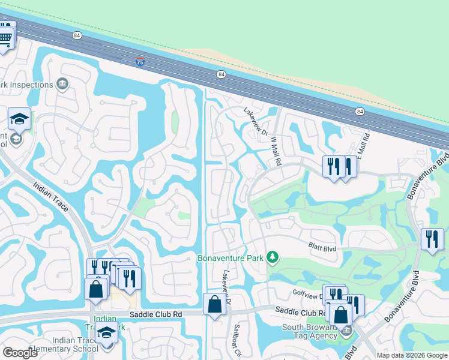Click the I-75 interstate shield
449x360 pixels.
click(x=140, y=62)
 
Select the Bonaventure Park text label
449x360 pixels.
click(x=231, y=259)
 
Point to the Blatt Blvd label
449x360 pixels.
click(x=322, y=245)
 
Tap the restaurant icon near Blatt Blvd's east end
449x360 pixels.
click(x=432, y=239)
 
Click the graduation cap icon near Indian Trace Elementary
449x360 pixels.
click(x=107, y=332)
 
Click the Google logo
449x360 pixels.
click(x=20, y=353)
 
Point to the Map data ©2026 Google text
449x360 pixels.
click(x=412, y=355)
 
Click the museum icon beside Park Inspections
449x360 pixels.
click(x=63, y=84)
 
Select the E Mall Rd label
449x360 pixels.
click(x=364, y=144)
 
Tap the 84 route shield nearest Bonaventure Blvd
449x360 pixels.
click(x=360, y=112)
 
